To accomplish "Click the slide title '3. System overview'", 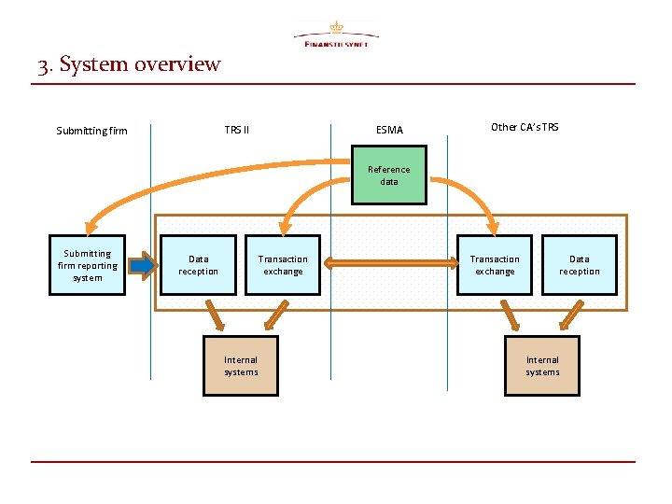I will pyautogui.click(x=130, y=64).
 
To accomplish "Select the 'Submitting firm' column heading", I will pyautogui.click(x=91, y=131).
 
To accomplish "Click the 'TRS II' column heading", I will pyautogui.click(x=237, y=128).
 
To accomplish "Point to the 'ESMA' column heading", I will pyautogui.click(x=389, y=130).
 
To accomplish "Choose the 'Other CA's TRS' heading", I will pyautogui.click(x=525, y=127).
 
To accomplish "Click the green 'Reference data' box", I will pyautogui.click(x=388, y=175).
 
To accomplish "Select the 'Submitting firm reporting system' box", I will pyautogui.click(x=88, y=265).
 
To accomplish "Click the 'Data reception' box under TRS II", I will pyautogui.click(x=198, y=265).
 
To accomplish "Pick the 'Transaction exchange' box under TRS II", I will pyautogui.click(x=283, y=265).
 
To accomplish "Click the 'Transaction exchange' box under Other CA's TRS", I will pyautogui.click(x=495, y=265).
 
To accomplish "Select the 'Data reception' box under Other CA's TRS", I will pyautogui.click(x=580, y=265).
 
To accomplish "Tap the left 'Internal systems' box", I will pyautogui.click(x=241, y=366).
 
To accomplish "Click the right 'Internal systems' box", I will pyautogui.click(x=542, y=366).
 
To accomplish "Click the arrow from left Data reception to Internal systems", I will pyautogui.click(x=216, y=315).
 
